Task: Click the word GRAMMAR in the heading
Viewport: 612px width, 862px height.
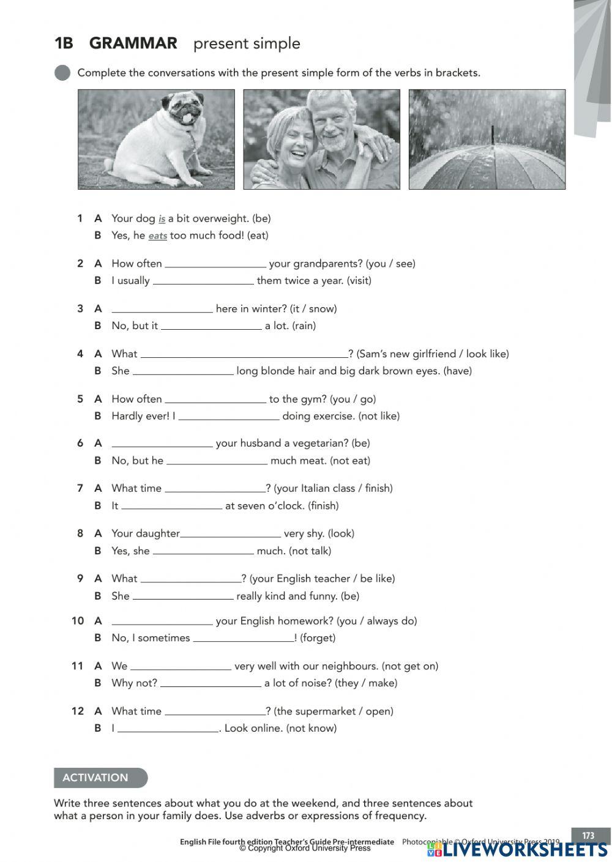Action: tap(133, 43)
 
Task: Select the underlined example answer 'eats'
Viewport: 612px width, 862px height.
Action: tap(157, 236)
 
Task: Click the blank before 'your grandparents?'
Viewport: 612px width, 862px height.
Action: tap(215, 264)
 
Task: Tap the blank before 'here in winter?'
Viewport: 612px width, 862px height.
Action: tap(162, 309)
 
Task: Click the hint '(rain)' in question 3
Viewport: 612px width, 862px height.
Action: tap(304, 325)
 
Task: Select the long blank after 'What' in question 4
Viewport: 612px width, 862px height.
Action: tap(244, 354)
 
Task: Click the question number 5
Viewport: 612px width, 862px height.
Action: tap(80, 399)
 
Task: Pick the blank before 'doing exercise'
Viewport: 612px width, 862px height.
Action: tap(229, 416)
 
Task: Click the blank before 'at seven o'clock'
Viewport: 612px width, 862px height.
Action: tap(171, 506)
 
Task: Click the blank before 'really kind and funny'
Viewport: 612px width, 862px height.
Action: tap(183, 596)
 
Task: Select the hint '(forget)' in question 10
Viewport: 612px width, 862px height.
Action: tap(318, 637)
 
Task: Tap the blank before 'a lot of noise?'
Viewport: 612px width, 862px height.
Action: tap(211, 683)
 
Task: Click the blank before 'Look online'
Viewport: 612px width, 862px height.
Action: tap(168, 728)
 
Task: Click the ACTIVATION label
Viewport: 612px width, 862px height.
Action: tap(95, 778)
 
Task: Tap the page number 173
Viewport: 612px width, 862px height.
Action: tap(588, 836)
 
